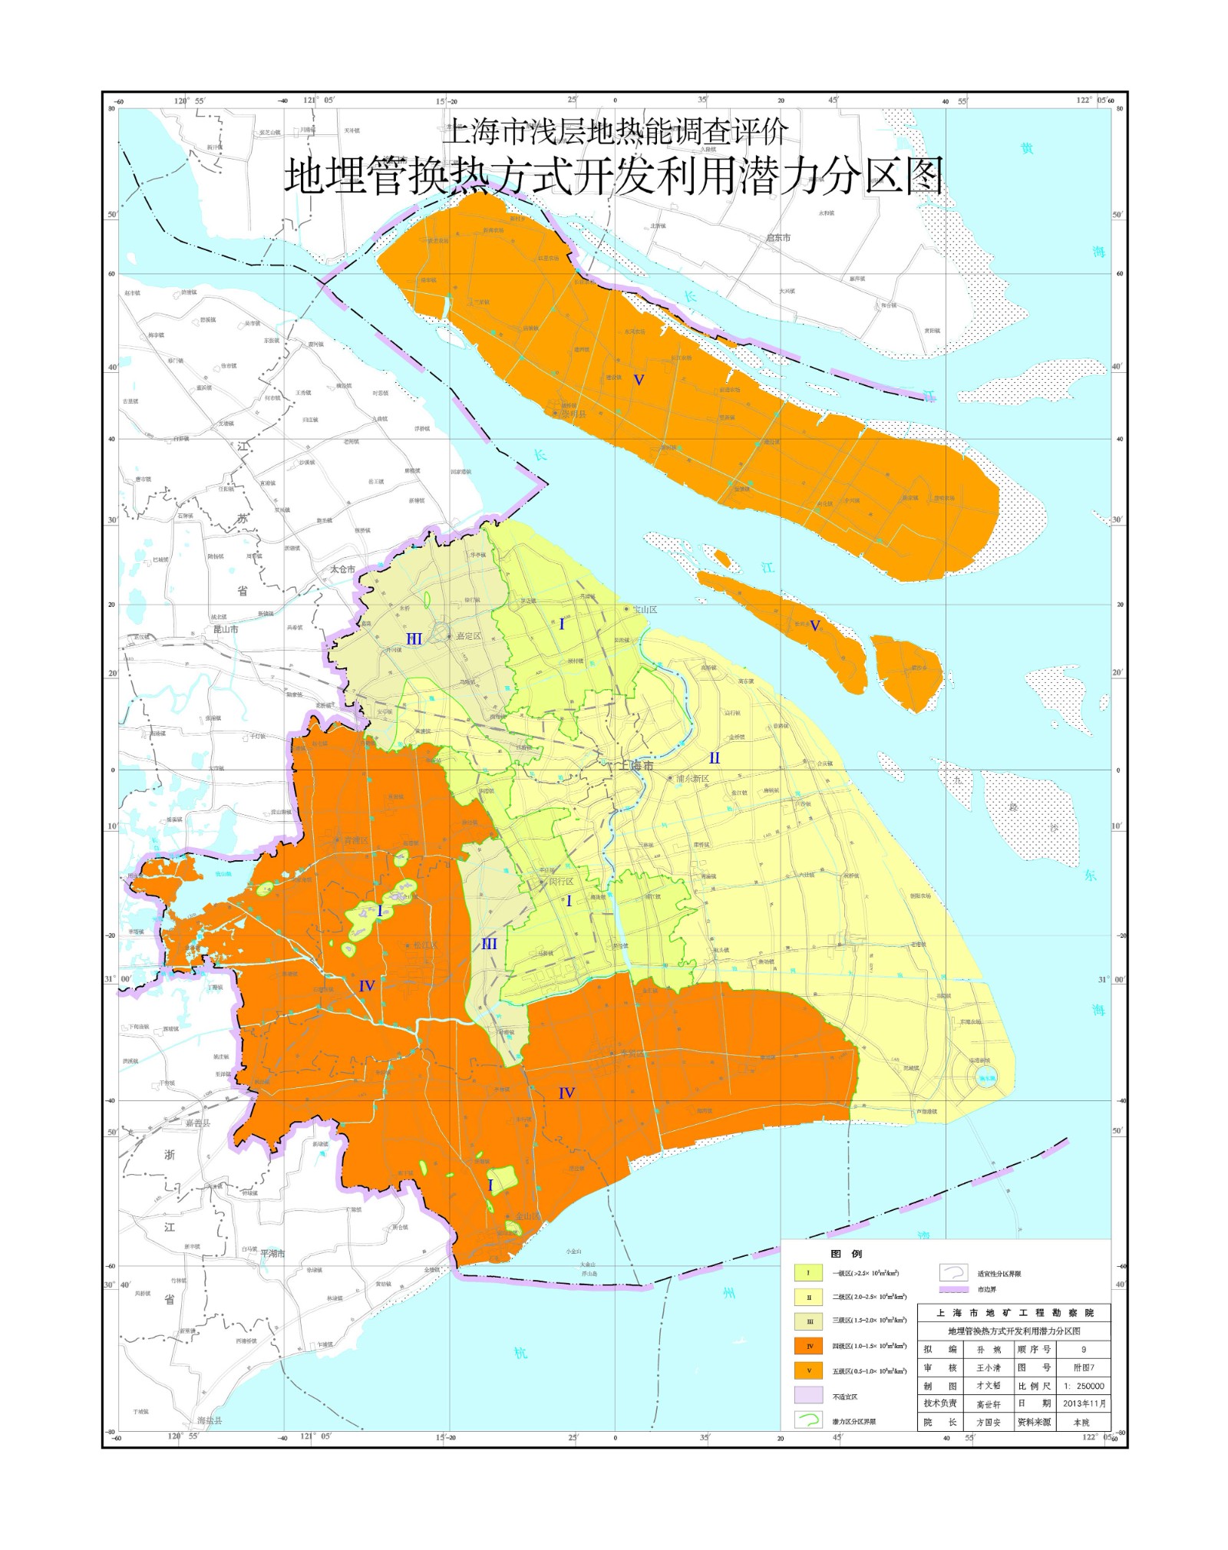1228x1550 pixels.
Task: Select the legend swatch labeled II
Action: pos(809,1298)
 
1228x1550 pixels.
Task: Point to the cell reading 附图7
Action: pos(1084,1367)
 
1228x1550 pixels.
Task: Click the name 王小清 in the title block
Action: pos(988,1367)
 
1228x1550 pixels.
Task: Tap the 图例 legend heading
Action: pos(847,1254)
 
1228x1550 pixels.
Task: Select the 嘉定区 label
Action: pos(468,636)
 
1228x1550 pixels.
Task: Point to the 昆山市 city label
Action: pos(226,629)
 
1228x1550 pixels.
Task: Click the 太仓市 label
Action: pos(342,569)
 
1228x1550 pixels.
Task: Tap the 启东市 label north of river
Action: pos(778,238)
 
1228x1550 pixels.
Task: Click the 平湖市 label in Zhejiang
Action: pos(272,1254)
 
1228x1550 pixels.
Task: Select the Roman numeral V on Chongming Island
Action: pos(638,380)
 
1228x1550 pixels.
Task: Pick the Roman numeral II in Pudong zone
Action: pos(715,758)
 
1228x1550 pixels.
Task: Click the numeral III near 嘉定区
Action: pos(414,639)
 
